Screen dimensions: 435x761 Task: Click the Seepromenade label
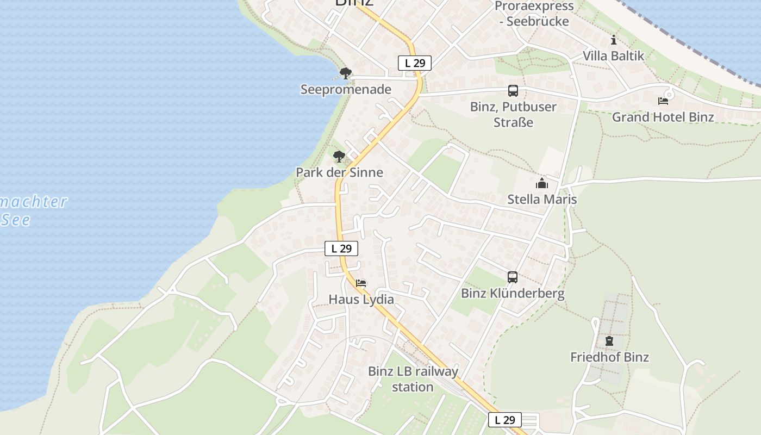(x=346, y=90)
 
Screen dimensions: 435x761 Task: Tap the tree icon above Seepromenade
(x=345, y=73)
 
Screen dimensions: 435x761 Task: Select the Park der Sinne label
(x=339, y=172)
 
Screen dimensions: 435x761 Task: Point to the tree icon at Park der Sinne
(x=339, y=157)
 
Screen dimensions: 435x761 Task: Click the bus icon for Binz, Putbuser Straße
(x=513, y=91)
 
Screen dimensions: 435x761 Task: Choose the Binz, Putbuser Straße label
(x=513, y=114)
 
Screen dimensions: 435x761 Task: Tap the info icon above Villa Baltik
(x=614, y=40)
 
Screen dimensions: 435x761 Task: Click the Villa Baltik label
(x=613, y=55)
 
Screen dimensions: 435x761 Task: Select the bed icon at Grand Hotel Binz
(x=663, y=101)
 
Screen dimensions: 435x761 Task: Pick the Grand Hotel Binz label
(x=663, y=117)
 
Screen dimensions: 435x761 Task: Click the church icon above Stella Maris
(x=542, y=184)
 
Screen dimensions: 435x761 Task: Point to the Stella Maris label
(x=542, y=200)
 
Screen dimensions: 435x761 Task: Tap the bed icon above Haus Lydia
(x=361, y=283)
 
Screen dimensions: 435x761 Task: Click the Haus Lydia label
(x=361, y=300)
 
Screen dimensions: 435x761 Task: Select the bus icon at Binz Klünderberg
(x=513, y=277)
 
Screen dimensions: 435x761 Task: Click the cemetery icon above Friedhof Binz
(x=609, y=341)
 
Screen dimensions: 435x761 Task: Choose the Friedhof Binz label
(x=609, y=357)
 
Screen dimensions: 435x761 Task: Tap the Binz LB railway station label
(x=413, y=379)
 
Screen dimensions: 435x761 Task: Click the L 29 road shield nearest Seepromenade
(x=415, y=63)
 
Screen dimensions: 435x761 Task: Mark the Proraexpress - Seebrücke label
(x=534, y=14)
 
